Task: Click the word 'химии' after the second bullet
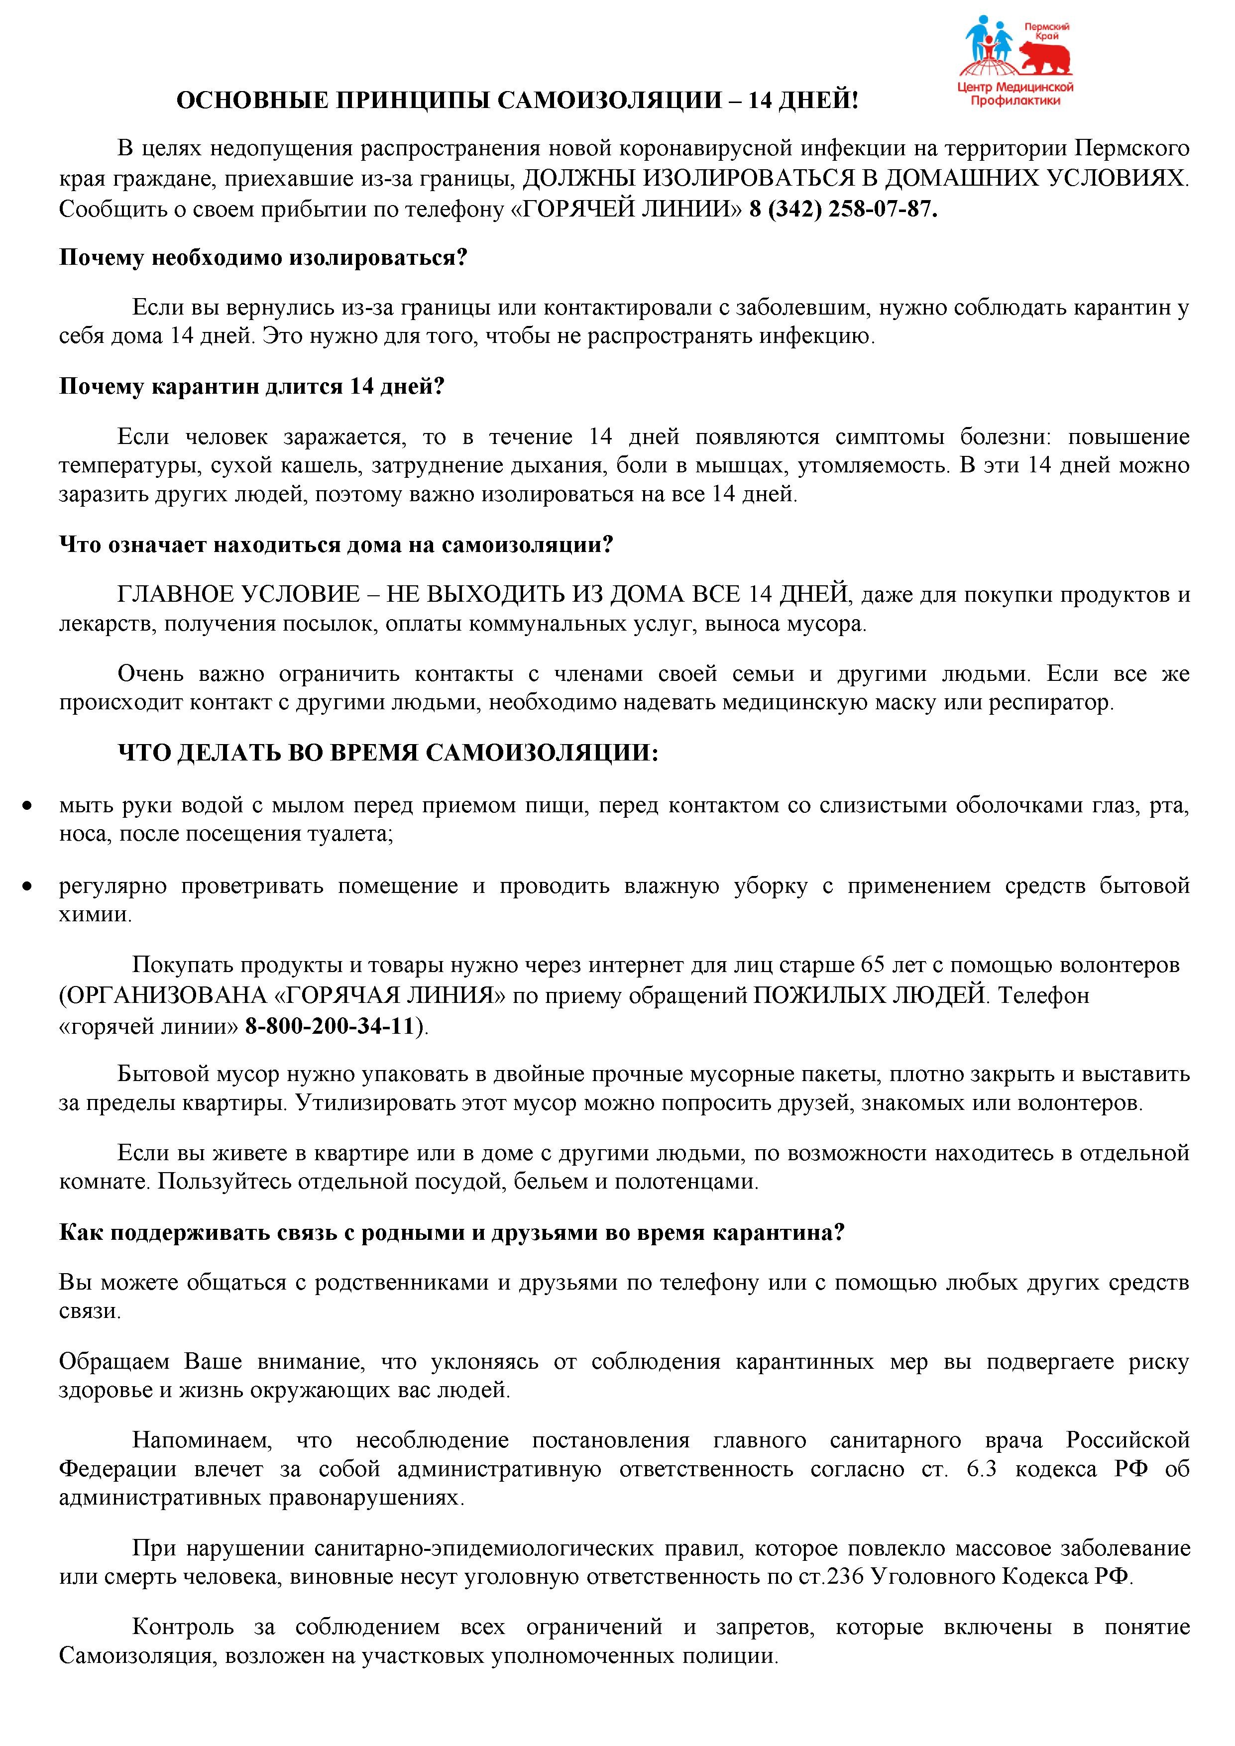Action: pos(94,915)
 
